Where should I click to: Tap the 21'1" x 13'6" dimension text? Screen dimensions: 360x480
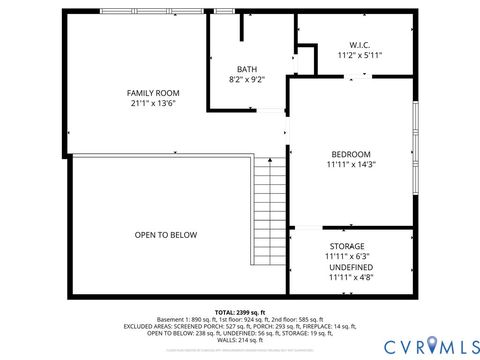coord(151,103)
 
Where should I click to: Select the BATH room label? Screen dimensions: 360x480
coord(247,68)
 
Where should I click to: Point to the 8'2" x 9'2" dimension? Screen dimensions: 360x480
coord(247,79)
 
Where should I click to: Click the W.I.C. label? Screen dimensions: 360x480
coord(360,44)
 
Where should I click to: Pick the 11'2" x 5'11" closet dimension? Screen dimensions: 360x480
coord(360,55)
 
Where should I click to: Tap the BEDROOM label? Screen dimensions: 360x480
coord(351,154)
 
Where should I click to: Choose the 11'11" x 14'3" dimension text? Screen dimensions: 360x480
coord(351,165)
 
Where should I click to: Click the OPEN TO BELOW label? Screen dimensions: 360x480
coord(166,235)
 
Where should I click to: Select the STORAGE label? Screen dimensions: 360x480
coord(347,246)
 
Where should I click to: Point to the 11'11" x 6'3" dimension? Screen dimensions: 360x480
coord(347,257)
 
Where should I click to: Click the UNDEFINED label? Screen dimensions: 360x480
coord(351,268)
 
